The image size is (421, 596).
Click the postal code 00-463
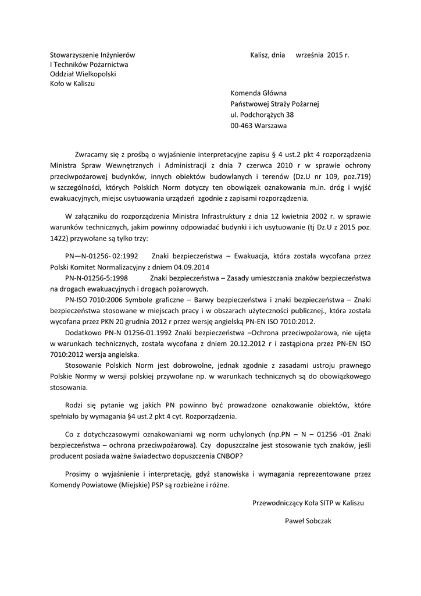241,125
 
